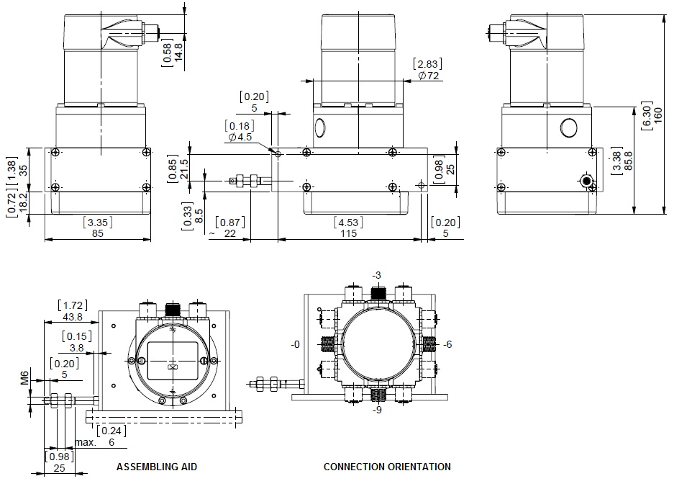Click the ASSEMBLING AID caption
click(x=157, y=467)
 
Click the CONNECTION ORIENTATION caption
click(x=387, y=467)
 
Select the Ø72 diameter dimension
click(x=429, y=76)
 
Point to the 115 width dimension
click(x=348, y=234)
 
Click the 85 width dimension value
click(x=98, y=234)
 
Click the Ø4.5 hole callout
click(x=240, y=137)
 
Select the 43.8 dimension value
click(x=72, y=317)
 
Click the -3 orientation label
click(x=376, y=276)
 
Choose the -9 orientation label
click(x=376, y=410)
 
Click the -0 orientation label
click(x=295, y=344)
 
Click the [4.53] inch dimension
click(x=348, y=222)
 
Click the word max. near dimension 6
click(x=86, y=443)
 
